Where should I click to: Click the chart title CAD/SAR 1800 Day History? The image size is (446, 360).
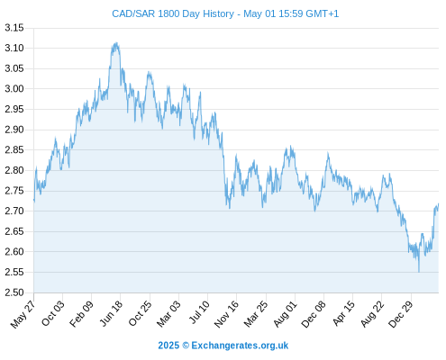[173, 13]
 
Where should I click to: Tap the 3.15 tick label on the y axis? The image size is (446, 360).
[14, 28]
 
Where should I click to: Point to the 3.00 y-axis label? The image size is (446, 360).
[14, 89]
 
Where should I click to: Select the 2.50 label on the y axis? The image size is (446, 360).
[14, 292]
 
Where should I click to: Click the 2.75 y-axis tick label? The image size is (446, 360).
[14, 191]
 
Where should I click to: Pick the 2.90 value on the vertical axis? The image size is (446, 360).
[14, 130]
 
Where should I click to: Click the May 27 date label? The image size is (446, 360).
[23, 314]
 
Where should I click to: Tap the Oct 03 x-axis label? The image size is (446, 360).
[52, 313]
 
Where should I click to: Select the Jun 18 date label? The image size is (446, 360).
[111, 313]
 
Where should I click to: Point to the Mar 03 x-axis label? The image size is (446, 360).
[168, 313]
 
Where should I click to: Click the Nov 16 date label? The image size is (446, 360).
[226, 314]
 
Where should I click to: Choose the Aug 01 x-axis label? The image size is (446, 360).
[285, 314]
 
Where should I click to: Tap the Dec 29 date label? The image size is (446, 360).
[401, 314]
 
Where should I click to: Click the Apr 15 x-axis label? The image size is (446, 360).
[343, 313]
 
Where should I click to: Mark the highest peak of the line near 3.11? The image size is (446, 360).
[116, 42]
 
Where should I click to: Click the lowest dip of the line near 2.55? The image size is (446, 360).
[419, 272]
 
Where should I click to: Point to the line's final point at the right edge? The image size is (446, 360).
[439, 203]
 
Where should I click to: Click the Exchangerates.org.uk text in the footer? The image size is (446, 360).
[240, 346]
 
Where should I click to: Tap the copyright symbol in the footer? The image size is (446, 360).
[186, 346]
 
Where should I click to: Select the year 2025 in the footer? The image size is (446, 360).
[168, 346]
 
